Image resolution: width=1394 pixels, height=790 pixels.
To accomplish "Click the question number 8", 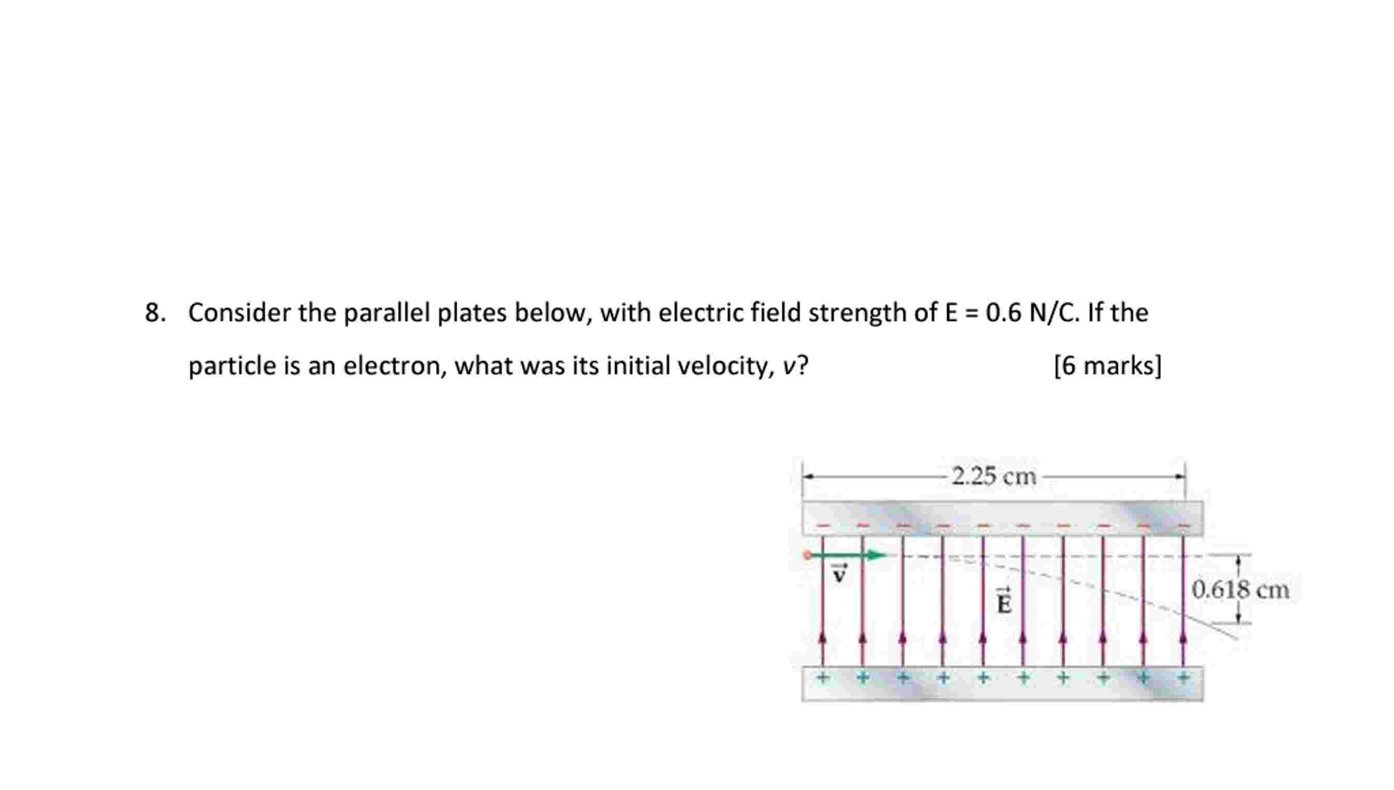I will [154, 313].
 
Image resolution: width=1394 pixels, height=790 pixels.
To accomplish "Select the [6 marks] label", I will [1107, 365].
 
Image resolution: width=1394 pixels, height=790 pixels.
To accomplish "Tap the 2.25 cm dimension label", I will [994, 476].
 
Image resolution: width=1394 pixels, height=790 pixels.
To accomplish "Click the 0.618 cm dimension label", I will [1241, 589].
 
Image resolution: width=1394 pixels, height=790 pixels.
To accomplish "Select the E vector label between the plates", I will [1004, 601].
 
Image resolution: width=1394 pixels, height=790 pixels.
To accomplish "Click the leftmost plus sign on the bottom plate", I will [823, 677].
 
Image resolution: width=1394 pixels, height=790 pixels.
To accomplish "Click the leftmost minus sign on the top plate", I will [823, 525].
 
